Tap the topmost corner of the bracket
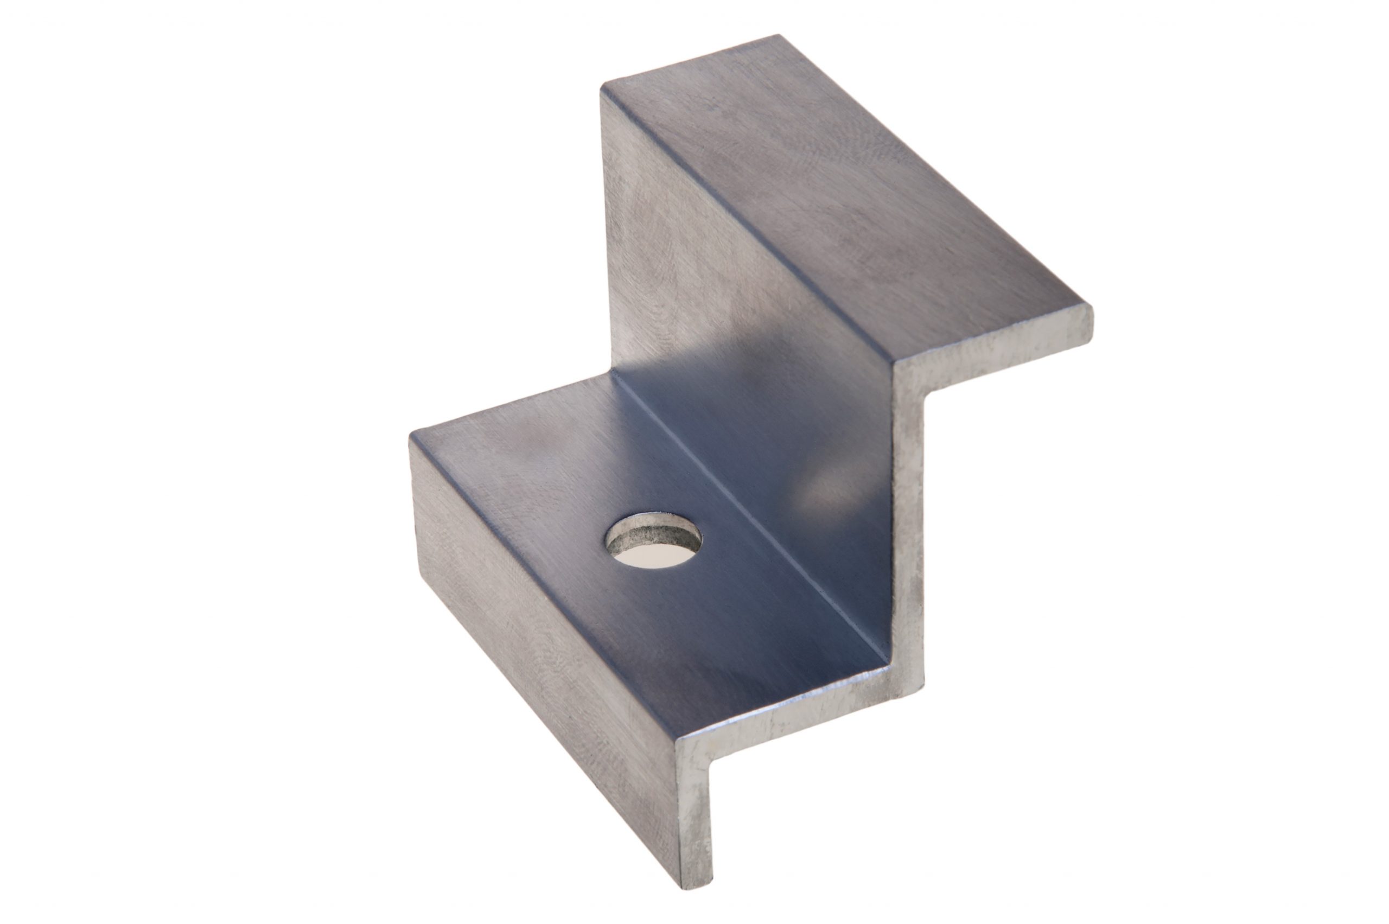[x=779, y=36]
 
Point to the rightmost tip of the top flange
[x=1092, y=318]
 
